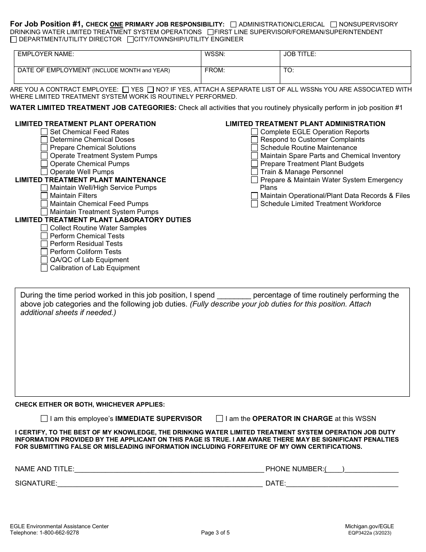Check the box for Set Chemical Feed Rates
44,132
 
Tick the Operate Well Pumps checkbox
44,172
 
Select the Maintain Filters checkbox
44,196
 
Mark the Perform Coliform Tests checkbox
44,252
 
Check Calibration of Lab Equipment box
44,268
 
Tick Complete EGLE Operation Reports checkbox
254,132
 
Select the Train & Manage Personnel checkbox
254,172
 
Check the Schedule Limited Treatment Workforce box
254,204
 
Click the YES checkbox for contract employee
126,90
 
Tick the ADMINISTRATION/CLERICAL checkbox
233,25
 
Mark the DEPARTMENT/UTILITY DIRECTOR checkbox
13,39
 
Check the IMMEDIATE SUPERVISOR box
44,419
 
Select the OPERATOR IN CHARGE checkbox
219,419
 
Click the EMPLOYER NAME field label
46,54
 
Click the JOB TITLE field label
300,54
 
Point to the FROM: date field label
215,70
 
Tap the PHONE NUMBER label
294,469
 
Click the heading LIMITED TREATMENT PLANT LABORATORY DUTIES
103,220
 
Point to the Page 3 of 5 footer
215,533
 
